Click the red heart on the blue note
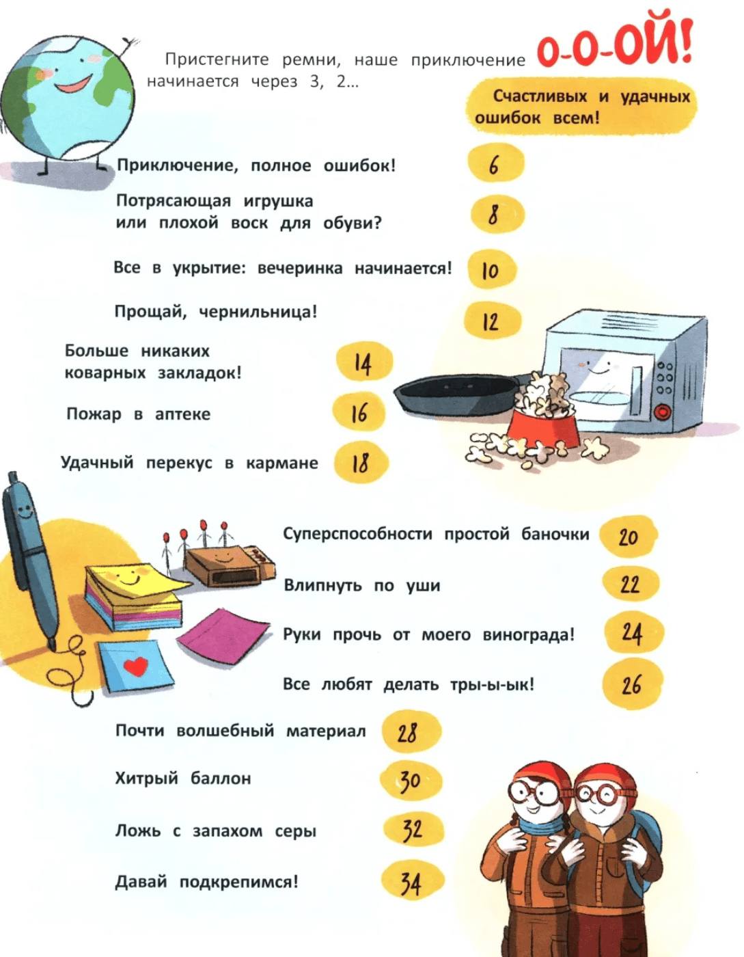click(x=136, y=666)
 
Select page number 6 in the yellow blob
click(x=494, y=165)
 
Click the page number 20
click(x=628, y=537)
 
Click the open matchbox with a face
click(x=230, y=565)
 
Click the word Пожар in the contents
click(x=94, y=414)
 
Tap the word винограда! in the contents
click(x=529, y=635)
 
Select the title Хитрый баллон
click(x=183, y=779)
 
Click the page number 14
click(x=363, y=364)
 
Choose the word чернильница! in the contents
click(x=258, y=312)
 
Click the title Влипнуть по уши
click(x=361, y=586)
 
